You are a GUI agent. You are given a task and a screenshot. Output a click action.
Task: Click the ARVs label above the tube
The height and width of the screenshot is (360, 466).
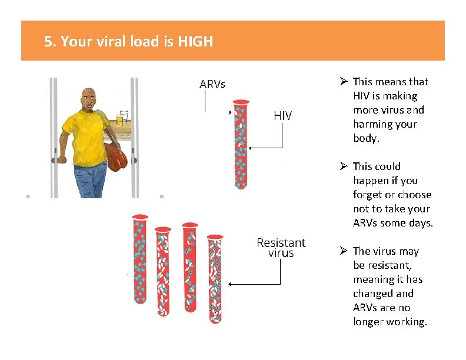[212, 84]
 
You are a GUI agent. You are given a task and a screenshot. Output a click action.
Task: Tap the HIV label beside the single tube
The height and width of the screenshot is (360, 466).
[282, 116]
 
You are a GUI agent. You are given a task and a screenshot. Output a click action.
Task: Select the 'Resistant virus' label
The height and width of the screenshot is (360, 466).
[281, 248]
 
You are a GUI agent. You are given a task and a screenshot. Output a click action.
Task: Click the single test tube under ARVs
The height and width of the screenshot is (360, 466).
[241, 145]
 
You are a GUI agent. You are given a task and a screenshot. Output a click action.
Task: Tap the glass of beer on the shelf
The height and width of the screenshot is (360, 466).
[122, 118]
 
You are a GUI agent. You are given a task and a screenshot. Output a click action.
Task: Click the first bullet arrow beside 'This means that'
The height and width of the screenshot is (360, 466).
[345, 82]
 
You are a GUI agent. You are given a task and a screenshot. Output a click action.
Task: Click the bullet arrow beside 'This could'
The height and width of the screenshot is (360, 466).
[345, 166]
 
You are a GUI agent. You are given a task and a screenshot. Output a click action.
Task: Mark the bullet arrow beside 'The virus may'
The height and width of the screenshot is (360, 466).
[345, 251]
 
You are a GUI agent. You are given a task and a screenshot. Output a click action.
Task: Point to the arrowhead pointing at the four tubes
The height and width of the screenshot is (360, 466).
[231, 284]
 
